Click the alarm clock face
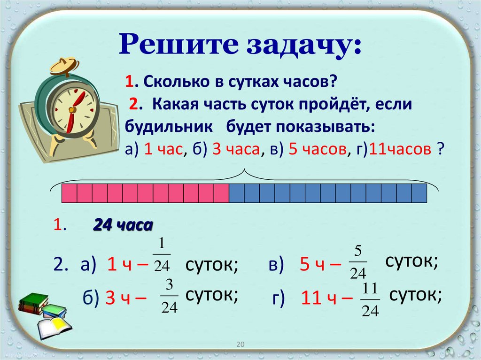72,108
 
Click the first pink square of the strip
70,193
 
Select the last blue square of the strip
419,193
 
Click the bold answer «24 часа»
123,225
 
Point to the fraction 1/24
162,255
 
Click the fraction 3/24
170,297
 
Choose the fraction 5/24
358,262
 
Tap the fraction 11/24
371,300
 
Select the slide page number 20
240,345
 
